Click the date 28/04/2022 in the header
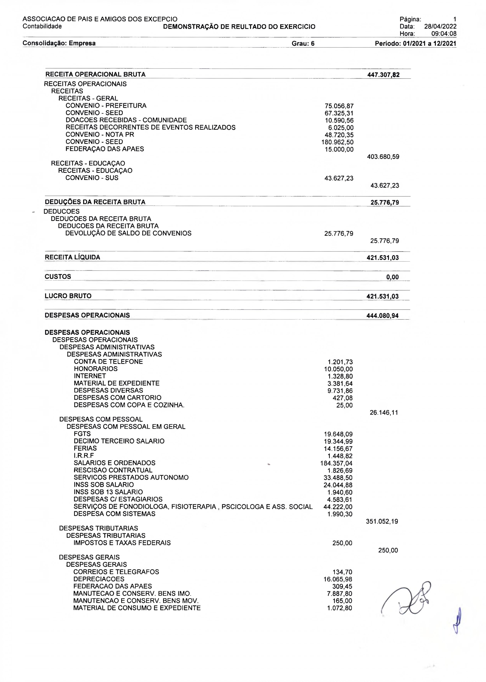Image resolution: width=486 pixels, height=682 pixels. [x=440, y=26]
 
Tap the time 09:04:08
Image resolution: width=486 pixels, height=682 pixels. [x=444, y=34]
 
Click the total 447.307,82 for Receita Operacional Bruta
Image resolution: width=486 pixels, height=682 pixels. [x=383, y=75]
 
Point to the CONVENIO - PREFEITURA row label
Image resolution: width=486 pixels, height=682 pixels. [x=106, y=106]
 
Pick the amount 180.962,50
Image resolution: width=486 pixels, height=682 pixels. [x=337, y=142]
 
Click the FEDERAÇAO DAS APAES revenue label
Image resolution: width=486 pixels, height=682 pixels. [x=105, y=149]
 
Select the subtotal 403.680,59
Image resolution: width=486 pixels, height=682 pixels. [x=383, y=157]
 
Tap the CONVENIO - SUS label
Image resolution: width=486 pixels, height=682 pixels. [x=92, y=178]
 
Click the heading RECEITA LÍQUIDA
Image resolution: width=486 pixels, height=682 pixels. [x=72, y=257]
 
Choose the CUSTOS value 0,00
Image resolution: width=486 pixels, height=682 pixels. [x=392, y=277]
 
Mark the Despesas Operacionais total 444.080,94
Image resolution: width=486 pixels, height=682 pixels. [x=383, y=316]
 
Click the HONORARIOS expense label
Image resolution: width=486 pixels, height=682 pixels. [x=96, y=369]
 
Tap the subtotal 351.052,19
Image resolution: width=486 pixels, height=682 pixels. [x=382, y=521]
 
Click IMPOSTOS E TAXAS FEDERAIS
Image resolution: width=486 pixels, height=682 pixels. [x=122, y=543]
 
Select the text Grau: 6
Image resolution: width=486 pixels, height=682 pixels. [x=303, y=43]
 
